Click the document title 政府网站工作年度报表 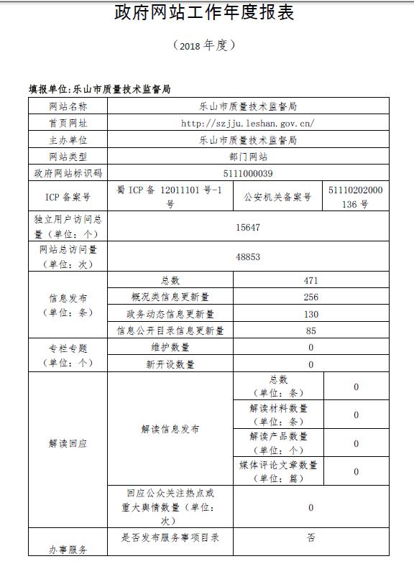coord(205,13)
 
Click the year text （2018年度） coord(205,45)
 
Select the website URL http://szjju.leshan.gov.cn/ coord(248,123)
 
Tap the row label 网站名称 coord(68,106)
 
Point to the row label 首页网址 coord(68,123)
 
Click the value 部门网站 coord(248,156)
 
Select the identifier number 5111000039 coord(248,173)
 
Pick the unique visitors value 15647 coord(248,227)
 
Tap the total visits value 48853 coord(248,256)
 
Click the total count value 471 coord(310,281)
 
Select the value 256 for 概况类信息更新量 coord(310,297)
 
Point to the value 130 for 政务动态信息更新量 coord(310,314)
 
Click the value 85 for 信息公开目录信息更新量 coord(310,331)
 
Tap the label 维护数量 coord(170,348)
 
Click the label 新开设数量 coord(170,364)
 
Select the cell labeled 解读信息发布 coord(170,430)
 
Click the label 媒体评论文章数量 coord(278,471)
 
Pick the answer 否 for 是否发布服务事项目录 coord(310,537)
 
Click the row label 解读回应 coord(68,444)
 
